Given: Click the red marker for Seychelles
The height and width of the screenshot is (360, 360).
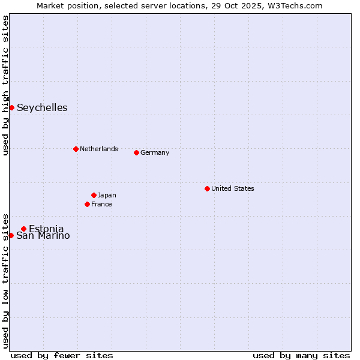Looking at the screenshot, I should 11,107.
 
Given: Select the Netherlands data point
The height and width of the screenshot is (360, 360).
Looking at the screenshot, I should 76,149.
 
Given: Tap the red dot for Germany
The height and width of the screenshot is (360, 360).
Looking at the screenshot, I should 136,152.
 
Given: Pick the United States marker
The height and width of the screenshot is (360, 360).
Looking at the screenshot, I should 207,188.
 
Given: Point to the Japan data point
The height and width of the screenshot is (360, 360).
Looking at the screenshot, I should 94,195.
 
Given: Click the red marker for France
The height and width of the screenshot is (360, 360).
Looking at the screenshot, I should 87,204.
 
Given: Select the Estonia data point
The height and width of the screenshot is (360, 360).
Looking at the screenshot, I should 23,229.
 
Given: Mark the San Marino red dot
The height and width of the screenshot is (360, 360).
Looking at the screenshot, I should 11,235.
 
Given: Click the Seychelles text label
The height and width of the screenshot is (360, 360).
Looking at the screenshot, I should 42,108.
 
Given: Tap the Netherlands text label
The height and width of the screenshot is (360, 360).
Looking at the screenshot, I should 98,149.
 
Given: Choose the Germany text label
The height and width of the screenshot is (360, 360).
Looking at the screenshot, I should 155,152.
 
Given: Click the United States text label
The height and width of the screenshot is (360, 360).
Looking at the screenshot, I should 232,188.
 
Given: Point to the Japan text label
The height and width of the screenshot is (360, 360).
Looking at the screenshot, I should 107,195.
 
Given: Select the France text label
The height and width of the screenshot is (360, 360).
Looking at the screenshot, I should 101,204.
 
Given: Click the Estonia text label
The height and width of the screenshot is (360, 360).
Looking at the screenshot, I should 46,229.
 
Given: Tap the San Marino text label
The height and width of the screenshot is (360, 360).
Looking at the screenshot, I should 43,236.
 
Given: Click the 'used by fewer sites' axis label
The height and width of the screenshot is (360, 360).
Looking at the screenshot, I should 62,355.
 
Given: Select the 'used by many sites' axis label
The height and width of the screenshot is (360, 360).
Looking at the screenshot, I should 301,355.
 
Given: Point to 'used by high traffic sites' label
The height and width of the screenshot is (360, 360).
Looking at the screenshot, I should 5,85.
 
